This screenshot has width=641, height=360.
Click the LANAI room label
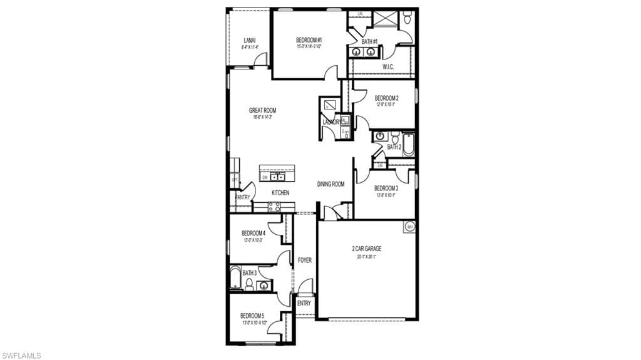[x=249, y=41]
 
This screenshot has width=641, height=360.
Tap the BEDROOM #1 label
[x=309, y=41]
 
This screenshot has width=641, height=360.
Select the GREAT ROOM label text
[x=262, y=110]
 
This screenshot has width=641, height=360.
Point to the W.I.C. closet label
[x=388, y=67]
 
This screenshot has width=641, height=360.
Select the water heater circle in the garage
[x=410, y=227]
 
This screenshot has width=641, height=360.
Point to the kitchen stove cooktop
[x=274, y=207]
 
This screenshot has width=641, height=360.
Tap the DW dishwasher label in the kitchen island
[x=265, y=177]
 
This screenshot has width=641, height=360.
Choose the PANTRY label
[x=242, y=197]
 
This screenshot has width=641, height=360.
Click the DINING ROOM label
[x=331, y=184]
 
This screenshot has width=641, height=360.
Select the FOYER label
[x=304, y=260]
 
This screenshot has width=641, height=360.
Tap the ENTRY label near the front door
[x=304, y=303]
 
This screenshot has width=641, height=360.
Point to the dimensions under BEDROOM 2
[x=386, y=105]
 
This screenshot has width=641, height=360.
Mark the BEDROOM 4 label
[x=254, y=234]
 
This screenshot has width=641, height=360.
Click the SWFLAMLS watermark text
[x=21, y=355]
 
